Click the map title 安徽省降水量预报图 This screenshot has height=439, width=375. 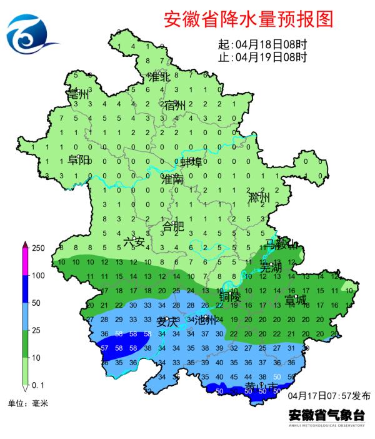click(248, 19)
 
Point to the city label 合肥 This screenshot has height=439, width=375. click(173, 226)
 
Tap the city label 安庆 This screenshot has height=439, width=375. click(167, 322)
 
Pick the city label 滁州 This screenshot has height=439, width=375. click(259, 199)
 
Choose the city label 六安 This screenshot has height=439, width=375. click(134, 241)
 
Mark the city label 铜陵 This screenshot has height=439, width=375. click(230, 298)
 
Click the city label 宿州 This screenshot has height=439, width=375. click(175, 105)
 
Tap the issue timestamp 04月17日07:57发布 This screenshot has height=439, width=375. click(329, 396)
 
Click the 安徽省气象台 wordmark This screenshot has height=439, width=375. click(326, 414)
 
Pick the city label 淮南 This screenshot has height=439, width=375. click(172, 179)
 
